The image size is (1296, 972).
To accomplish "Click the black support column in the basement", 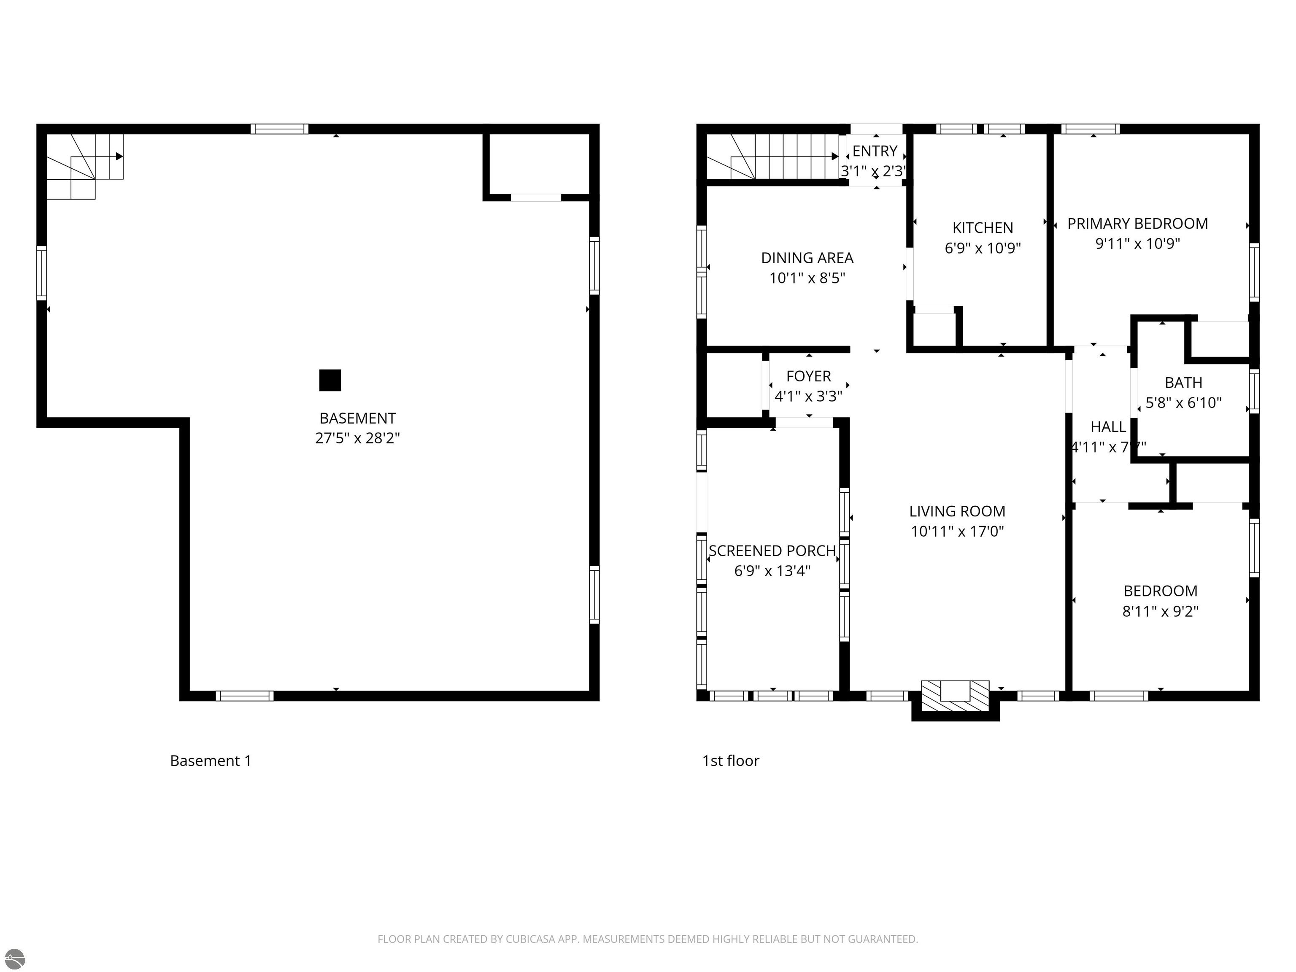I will (x=330, y=380).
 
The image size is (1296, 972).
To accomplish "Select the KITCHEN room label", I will (x=983, y=228).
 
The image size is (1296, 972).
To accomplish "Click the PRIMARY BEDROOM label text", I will (x=1137, y=224).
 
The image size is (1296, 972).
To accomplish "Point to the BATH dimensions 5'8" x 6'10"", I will (x=1183, y=402).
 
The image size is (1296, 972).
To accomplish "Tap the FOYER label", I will (x=809, y=376).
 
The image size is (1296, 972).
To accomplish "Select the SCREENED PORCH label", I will (x=772, y=551).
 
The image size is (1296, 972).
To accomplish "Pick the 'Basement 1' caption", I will (x=211, y=761).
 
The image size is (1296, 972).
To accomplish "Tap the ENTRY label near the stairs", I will (x=874, y=151).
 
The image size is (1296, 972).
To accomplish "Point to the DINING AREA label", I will (x=807, y=258).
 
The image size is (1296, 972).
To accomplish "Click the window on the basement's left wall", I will (x=42, y=273).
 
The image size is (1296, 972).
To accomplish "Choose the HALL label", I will (x=1107, y=427).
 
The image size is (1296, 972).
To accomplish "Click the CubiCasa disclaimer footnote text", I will (x=648, y=939).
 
